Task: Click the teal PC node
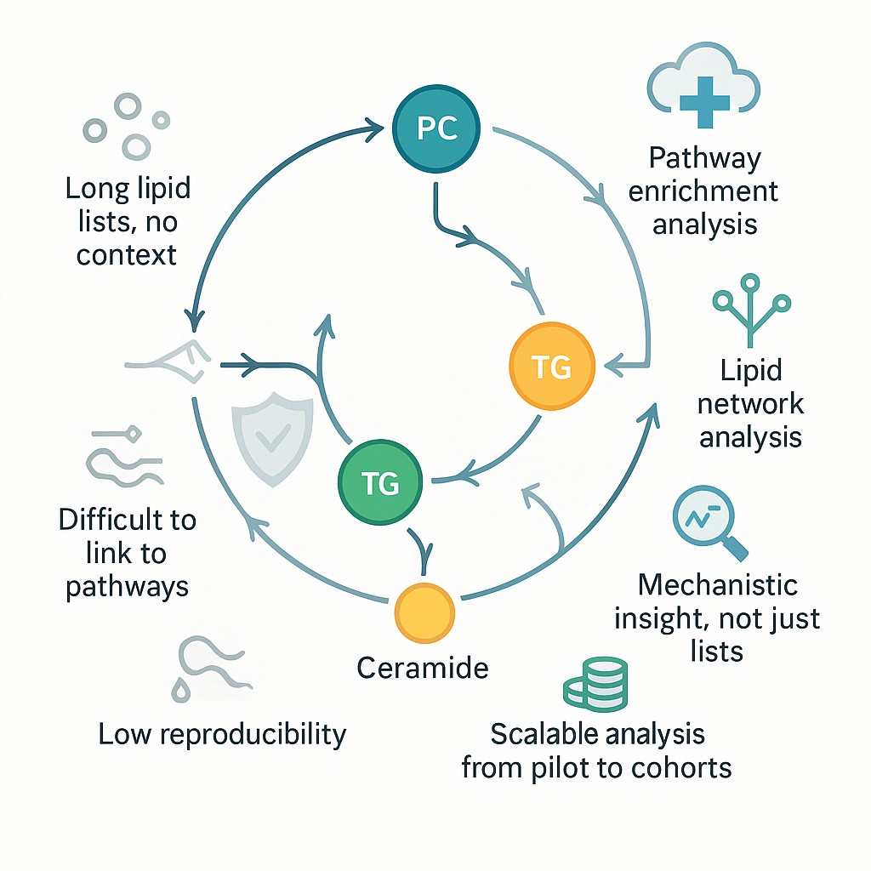click(437, 128)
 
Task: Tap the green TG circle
click(380, 483)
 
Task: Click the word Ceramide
click(423, 668)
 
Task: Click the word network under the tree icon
click(750, 403)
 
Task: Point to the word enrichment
click(703, 191)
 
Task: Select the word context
click(126, 254)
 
